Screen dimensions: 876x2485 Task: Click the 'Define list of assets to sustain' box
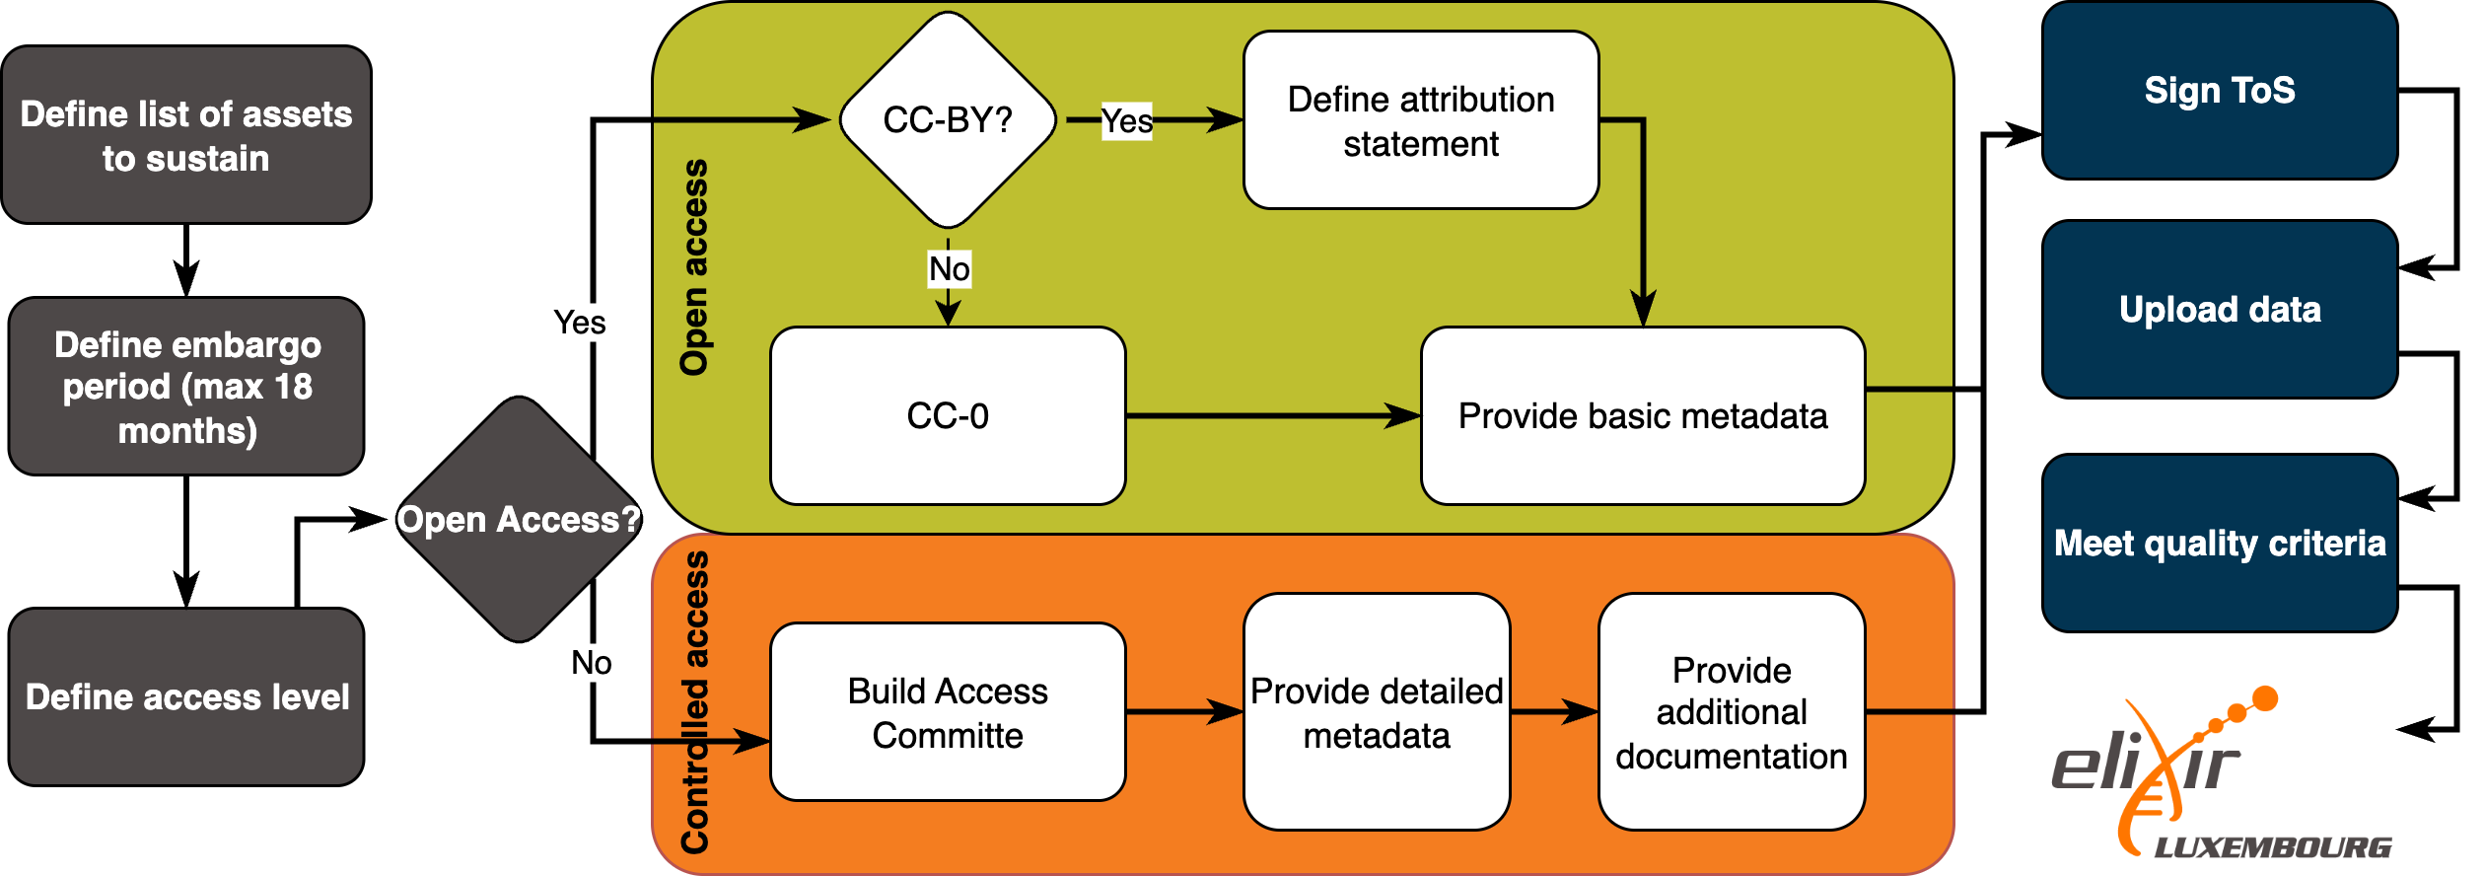tap(185, 135)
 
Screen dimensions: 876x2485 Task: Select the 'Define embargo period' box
tap(185, 387)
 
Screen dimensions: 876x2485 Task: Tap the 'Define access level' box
tap(185, 696)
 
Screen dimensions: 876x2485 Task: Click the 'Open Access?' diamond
tap(519, 519)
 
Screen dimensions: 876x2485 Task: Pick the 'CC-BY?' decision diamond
tap(948, 119)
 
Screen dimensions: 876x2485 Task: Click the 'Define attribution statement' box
tap(1420, 120)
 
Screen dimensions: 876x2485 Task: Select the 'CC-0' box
tap(947, 415)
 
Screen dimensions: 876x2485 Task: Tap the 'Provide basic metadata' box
tap(1642, 415)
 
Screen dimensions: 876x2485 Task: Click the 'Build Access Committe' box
tap(947, 711)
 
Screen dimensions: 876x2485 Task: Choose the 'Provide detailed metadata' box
tap(1377, 711)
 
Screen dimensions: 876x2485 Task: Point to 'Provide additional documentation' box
tap(1731, 711)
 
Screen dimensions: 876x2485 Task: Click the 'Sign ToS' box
tap(2219, 90)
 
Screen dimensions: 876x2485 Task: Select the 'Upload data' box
tap(2219, 309)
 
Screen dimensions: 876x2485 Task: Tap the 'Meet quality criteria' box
tap(2219, 543)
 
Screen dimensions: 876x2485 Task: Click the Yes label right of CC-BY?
tap(1126, 121)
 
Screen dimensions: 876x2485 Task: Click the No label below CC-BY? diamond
tap(949, 268)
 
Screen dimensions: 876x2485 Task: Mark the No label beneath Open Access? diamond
tap(591, 662)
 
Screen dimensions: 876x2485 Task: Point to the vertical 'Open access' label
tap(694, 266)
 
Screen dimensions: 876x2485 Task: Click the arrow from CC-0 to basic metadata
tap(1272, 415)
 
